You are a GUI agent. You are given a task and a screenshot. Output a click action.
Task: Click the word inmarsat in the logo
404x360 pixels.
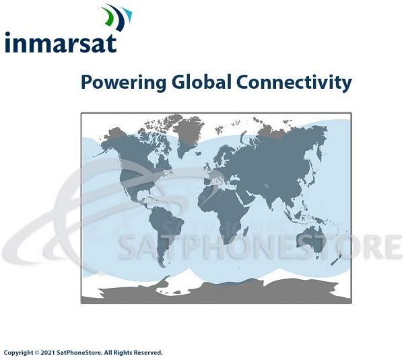[61, 42]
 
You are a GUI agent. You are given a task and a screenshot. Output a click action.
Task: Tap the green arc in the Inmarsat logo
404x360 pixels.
[108, 16]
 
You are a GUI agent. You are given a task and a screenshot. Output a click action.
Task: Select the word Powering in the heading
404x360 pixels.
[124, 82]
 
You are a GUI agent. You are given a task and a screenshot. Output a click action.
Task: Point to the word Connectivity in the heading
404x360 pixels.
[294, 82]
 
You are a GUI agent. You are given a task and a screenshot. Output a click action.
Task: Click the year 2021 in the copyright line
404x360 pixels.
[47, 353]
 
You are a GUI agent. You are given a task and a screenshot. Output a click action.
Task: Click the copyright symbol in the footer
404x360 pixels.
[37, 353]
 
